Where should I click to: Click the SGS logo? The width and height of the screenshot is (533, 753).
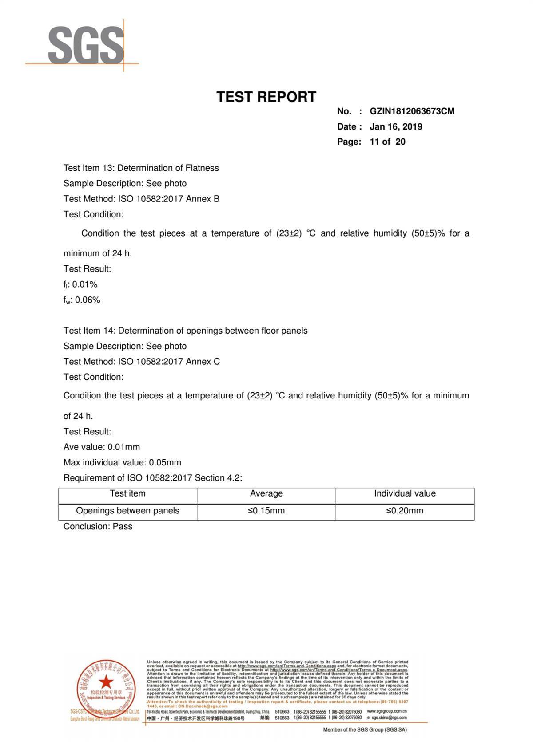(86, 45)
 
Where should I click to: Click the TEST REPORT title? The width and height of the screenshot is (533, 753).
(266, 97)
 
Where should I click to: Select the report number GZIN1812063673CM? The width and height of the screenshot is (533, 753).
(412, 111)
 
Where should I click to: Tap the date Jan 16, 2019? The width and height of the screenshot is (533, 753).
(396, 127)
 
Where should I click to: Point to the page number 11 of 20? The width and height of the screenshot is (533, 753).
(387, 142)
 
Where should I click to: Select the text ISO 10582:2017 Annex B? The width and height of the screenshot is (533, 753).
(169, 199)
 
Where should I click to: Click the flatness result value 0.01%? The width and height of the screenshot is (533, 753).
(85, 284)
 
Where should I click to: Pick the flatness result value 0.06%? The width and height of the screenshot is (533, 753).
(88, 300)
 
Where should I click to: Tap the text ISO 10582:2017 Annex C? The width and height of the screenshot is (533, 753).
(169, 362)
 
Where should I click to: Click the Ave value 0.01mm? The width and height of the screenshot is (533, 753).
(123, 447)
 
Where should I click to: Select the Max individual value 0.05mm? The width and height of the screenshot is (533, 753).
(165, 463)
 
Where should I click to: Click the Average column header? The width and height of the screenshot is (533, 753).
(266, 494)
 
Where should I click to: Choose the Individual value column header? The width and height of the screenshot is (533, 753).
(405, 494)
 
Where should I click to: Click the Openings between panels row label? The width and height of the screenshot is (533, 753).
(127, 511)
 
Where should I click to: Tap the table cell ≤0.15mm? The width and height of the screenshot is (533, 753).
(266, 511)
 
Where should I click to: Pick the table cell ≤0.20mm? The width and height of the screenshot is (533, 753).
(405, 511)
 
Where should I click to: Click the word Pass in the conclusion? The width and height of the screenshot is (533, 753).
(123, 527)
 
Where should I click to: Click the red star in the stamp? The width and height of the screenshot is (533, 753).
(106, 682)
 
